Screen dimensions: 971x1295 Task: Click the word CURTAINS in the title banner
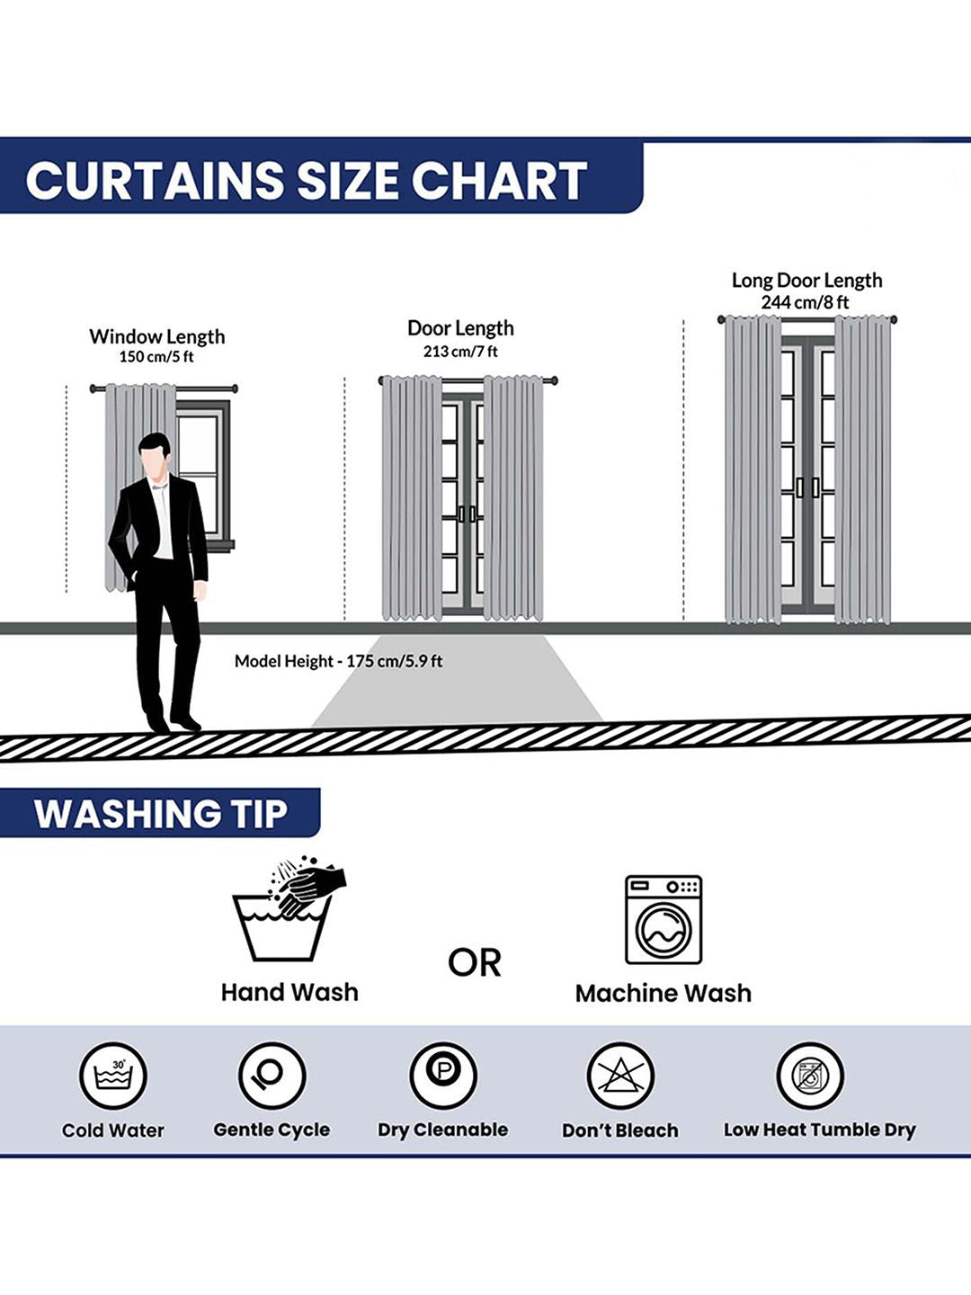pyautogui.click(x=155, y=180)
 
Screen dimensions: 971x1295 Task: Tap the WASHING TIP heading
pyautogui.click(x=160, y=814)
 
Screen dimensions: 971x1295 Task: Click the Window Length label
pyautogui.click(x=156, y=336)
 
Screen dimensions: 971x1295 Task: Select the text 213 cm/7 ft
pyautogui.click(x=459, y=352)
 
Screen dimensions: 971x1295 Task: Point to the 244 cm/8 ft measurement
pyautogui.click(x=804, y=303)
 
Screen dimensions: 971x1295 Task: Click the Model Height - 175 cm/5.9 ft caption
pyautogui.click(x=338, y=661)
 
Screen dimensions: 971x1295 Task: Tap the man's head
pyautogui.click(x=155, y=457)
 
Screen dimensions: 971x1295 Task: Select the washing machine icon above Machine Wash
pyautogui.click(x=664, y=920)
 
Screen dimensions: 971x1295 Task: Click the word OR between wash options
pyautogui.click(x=475, y=963)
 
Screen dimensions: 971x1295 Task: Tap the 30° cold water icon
pyautogui.click(x=113, y=1076)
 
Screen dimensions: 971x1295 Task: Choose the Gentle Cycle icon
pyautogui.click(x=272, y=1075)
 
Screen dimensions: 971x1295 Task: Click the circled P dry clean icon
pyautogui.click(x=442, y=1075)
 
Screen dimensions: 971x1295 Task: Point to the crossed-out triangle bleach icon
pyautogui.click(x=619, y=1076)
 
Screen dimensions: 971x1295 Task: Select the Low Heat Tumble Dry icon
pyautogui.click(x=809, y=1076)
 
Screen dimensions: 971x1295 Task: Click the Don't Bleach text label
pyautogui.click(x=619, y=1130)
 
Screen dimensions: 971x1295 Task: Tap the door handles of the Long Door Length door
pyautogui.click(x=807, y=487)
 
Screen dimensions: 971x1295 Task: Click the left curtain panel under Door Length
pyautogui.click(x=412, y=498)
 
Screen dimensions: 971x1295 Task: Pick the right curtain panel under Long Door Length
pyautogui.click(x=862, y=470)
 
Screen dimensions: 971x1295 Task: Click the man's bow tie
pyautogui.click(x=158, y=487)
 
